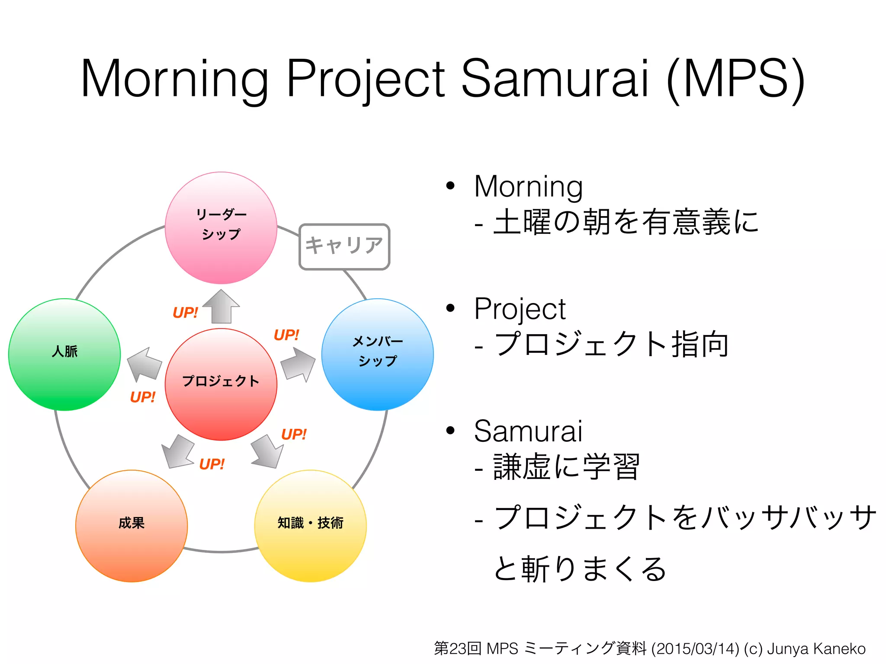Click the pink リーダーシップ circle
click(x=221, y=228)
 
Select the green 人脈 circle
click(x=64, y=354)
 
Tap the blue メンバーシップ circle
click(x=377, y=354)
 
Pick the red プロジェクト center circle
click(x=221, y=384)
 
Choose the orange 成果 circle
click(x=132, y=526)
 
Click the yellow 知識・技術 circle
click(x=310, y=526)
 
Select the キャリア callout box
click(x=344, y=246)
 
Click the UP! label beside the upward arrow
click(x=185, y=313)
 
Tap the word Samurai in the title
click(x=555, y=79)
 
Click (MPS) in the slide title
click(x=735, y=79)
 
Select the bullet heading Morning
click(x=528, y=187)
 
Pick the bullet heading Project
click(x=520, y=309)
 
